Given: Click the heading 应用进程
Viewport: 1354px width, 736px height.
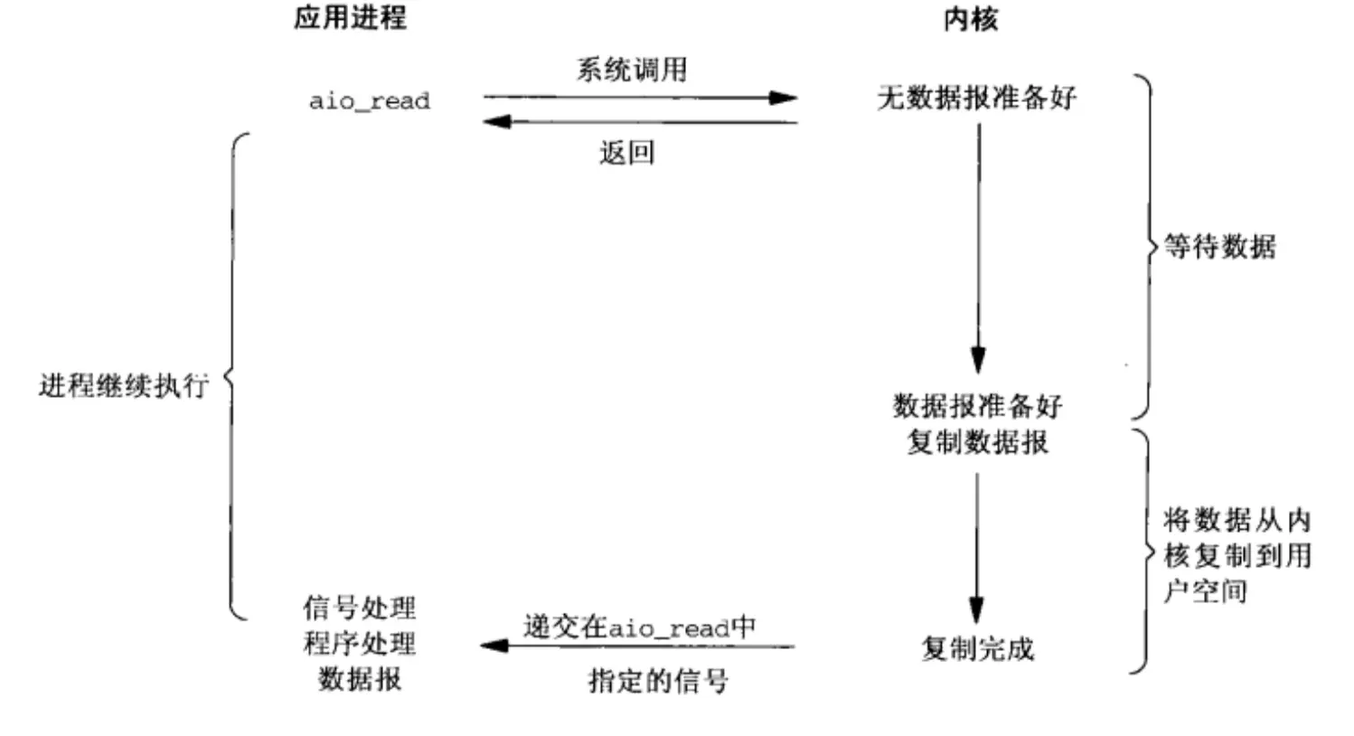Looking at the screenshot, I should click(350, 17).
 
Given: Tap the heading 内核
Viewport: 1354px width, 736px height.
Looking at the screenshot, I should click(970, 19).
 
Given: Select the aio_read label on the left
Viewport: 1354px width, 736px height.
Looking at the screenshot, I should click(370, 100).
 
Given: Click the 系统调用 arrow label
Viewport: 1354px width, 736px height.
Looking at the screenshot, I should click(632, 70).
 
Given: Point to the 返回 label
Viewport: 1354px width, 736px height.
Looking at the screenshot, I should click(626, 152).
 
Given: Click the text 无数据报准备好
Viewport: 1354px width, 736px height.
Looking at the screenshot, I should click(977, 97).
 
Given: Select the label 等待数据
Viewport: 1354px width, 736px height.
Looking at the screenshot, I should click(1219, 246).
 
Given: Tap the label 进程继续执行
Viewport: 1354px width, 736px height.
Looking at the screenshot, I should click(124, 385).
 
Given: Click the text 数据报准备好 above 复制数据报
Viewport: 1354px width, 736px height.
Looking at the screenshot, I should click(977, 405).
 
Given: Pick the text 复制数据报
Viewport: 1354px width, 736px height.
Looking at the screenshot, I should click(977, 442).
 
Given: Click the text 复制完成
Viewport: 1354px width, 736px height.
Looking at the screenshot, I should click(977, 647).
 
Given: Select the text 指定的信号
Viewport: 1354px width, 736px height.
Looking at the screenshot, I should click(658, 680).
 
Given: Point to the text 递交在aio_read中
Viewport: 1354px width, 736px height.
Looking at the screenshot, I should click(639, 626).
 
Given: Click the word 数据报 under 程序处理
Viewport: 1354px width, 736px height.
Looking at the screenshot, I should click(359, 678).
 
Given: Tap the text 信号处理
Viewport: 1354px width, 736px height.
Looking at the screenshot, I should click(359, 607).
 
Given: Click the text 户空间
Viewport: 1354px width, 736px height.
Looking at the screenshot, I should click(1205, 591).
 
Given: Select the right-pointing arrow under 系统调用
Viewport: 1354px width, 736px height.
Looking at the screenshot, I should click(640, 97).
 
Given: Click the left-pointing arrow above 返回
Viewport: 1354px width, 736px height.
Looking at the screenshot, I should click(640, 121).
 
